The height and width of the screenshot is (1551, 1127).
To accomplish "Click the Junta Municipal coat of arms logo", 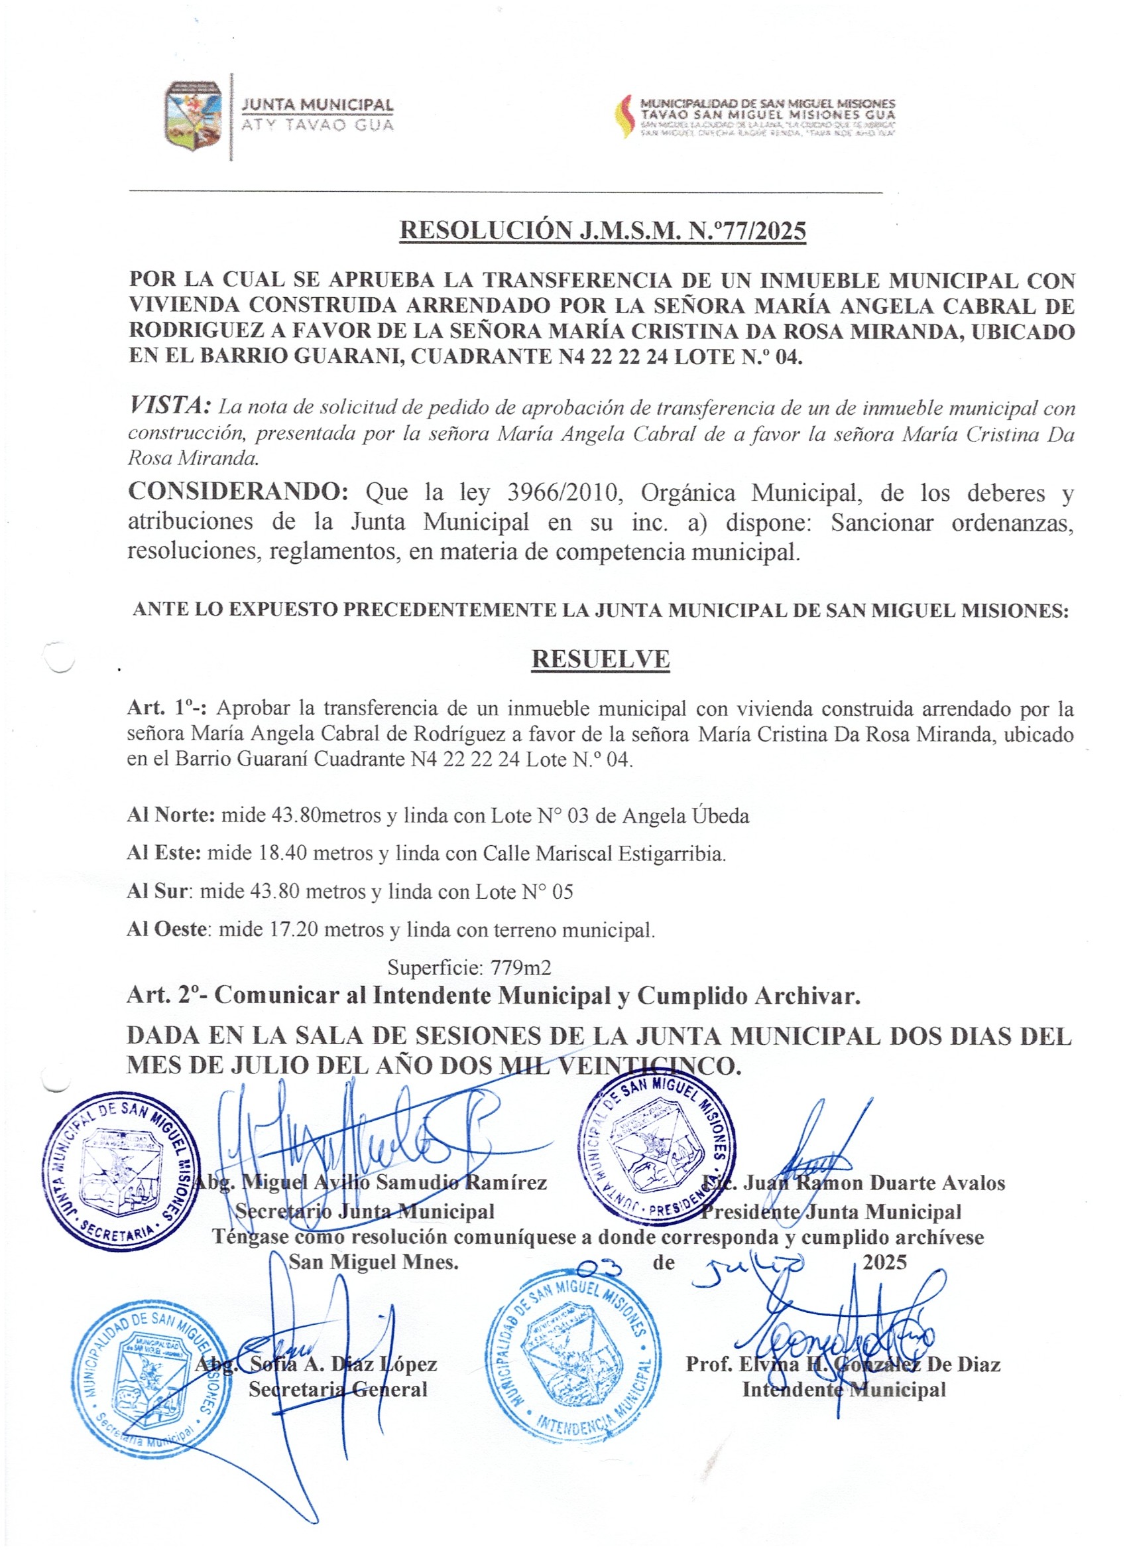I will [194, 114].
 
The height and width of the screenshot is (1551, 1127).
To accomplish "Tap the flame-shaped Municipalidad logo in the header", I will [624, 116].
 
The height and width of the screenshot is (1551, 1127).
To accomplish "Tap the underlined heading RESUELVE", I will [600, 659].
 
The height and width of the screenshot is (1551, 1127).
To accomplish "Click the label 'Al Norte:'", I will [171, 816].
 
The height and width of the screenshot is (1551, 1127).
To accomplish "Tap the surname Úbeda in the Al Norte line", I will [721, 816].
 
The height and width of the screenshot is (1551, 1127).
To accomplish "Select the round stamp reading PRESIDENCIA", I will [657, 1146].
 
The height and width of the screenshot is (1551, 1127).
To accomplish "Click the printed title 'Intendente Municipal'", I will [843, 1390].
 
